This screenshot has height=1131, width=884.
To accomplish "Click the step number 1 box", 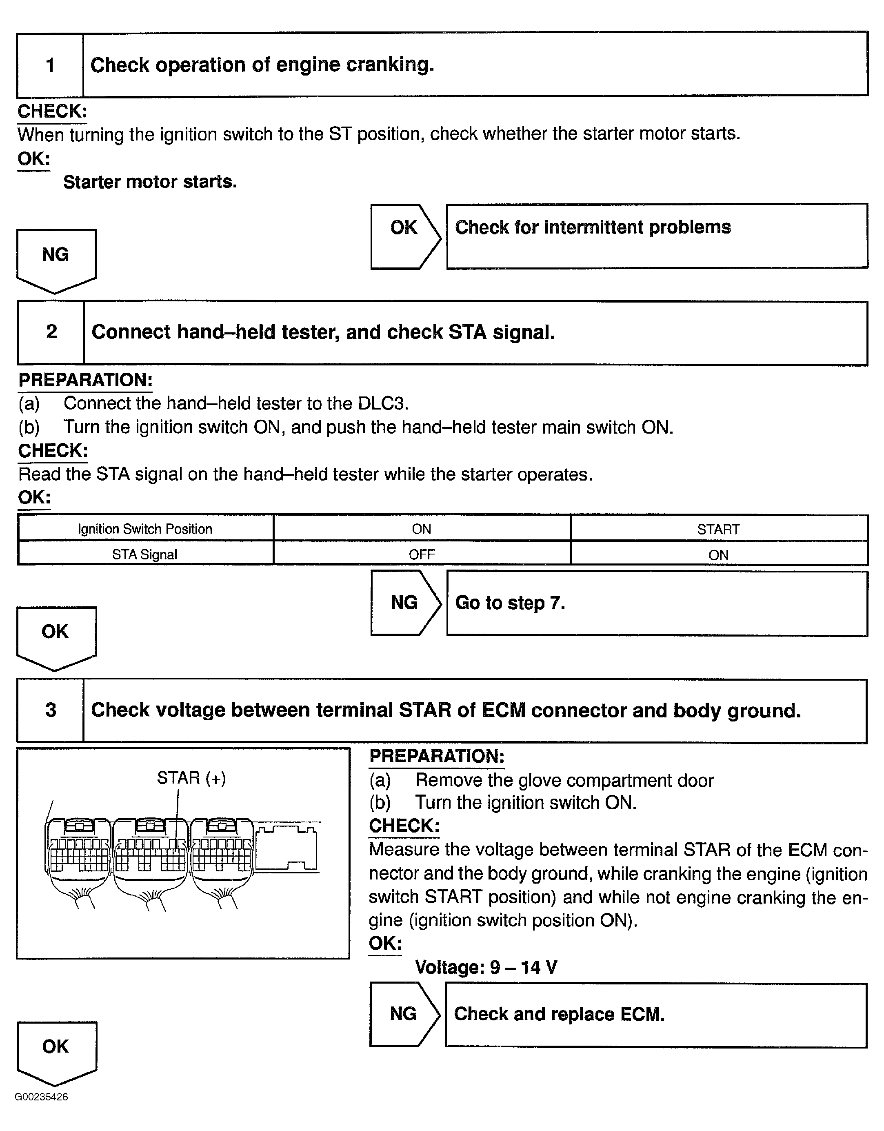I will [50, 65].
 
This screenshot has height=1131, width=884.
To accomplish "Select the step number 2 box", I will [51, 332].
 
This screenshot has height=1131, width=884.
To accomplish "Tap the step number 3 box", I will [51, 710].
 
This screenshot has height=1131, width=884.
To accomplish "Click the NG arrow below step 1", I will [56, 259].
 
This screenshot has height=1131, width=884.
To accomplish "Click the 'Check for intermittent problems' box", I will [656, 236].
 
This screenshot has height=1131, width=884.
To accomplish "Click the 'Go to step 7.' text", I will [510, 603].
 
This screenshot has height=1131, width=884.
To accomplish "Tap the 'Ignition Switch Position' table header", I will [145, 529].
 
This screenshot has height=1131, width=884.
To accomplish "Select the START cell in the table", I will [718, 529].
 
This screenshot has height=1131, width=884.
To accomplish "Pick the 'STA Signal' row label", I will [145, 554].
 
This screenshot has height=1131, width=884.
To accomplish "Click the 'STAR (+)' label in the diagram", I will [191, 778].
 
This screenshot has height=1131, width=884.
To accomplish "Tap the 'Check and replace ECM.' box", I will [655, 1015].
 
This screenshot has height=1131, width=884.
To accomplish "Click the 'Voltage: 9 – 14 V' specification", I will [486, 967].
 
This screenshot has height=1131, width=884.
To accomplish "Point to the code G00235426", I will [41, 1097].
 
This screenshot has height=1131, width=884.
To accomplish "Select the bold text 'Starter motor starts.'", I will [150, 182].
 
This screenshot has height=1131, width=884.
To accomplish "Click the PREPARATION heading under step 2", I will [85, 380].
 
